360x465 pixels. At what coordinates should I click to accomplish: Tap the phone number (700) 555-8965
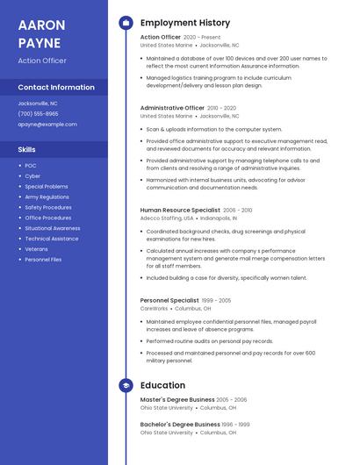coord(38,113)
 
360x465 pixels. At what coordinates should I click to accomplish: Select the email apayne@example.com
coord(47,125)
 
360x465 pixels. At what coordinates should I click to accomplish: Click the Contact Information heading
coord(56,87)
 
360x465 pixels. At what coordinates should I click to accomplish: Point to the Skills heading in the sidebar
coord(26,149)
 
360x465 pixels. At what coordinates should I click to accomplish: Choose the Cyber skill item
coord(32,175)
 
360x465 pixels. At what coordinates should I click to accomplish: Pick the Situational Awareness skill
coord(52,228)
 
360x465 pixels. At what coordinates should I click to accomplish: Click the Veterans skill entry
coord(37,249)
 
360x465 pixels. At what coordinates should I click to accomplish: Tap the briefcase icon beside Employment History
coord(126,23)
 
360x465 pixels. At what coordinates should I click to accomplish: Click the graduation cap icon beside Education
coord(126,385)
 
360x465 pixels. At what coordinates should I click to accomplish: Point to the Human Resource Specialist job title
coord(180,211)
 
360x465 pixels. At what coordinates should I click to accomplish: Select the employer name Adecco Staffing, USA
coord(166,218)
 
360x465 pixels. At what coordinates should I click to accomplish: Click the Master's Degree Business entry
coord(176,399)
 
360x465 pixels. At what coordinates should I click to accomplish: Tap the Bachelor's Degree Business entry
coord(179,424)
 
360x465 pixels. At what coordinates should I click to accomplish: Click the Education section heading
coord(162,385)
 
